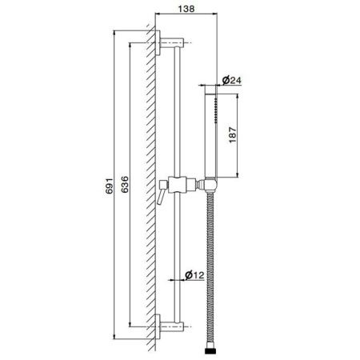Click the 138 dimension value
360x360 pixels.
pos(186,9)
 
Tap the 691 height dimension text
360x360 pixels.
pos(110,185)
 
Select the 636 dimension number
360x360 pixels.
pos(125,184)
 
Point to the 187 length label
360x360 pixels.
pos(233,135)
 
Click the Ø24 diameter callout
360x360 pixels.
pos(232,80)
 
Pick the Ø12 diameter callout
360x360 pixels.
pos(194,274)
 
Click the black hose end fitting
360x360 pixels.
pos(210,350)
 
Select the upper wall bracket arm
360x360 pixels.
pos(172,42)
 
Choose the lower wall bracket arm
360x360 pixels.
pos(172,326)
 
